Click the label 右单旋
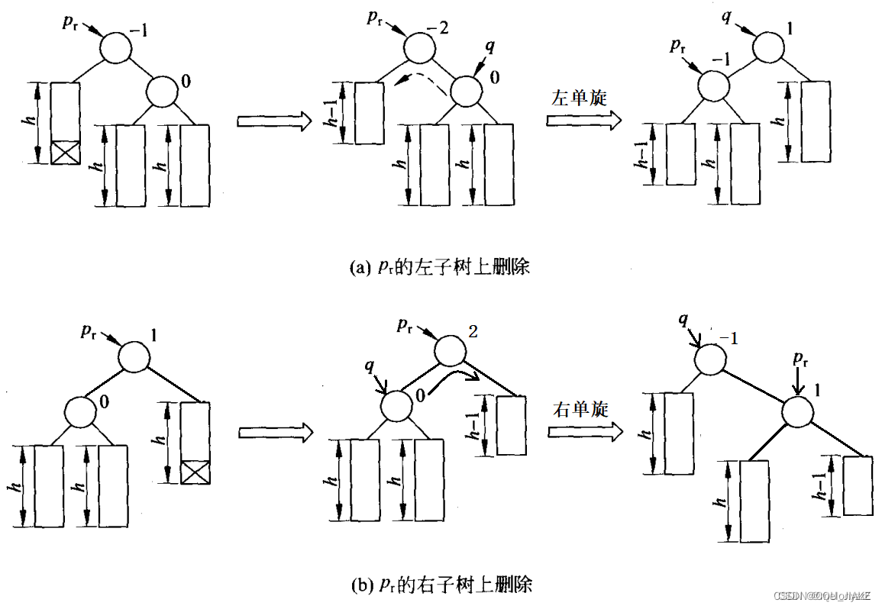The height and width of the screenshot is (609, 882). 581,409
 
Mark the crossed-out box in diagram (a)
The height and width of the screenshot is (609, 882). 65,151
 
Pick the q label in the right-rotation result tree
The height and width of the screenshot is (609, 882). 684,321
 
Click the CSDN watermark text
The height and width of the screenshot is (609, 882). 817,595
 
